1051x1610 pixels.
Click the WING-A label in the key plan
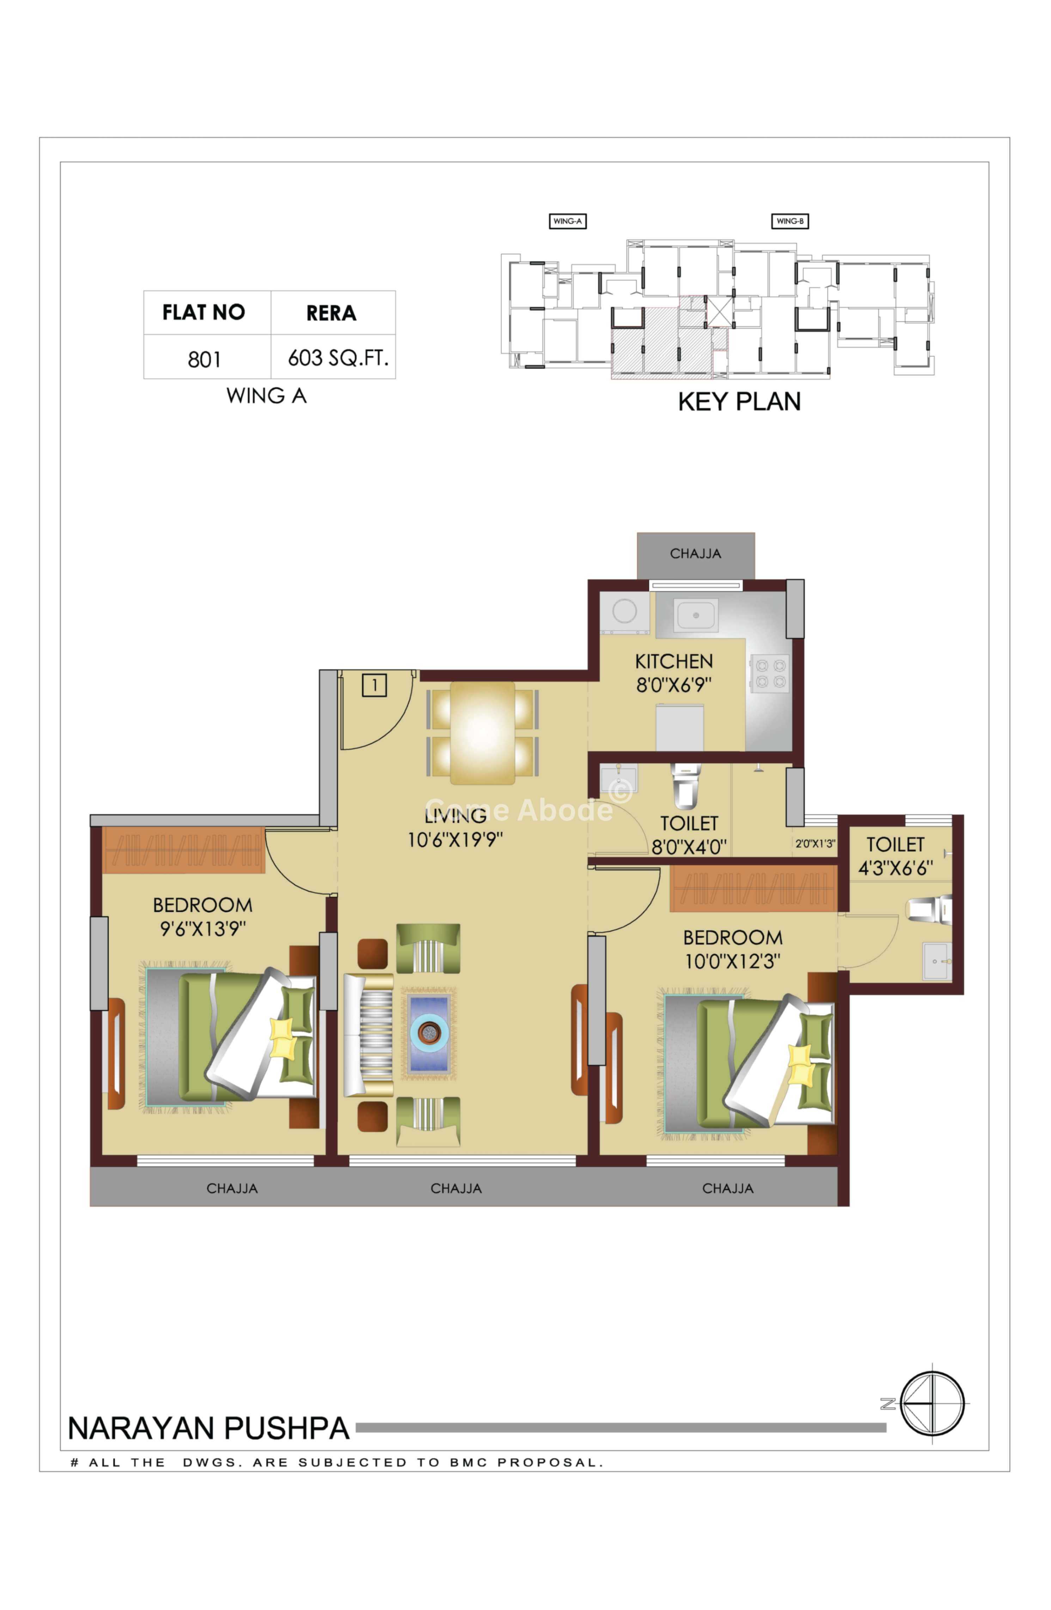click(567, 221)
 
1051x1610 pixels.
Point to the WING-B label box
click(789, 221)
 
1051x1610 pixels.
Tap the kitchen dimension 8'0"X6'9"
click(674, 685)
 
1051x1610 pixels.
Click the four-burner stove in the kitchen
click(770, 674)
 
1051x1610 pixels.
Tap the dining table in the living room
click(482, 733)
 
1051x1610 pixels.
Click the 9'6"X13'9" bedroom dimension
click(203, 929)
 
